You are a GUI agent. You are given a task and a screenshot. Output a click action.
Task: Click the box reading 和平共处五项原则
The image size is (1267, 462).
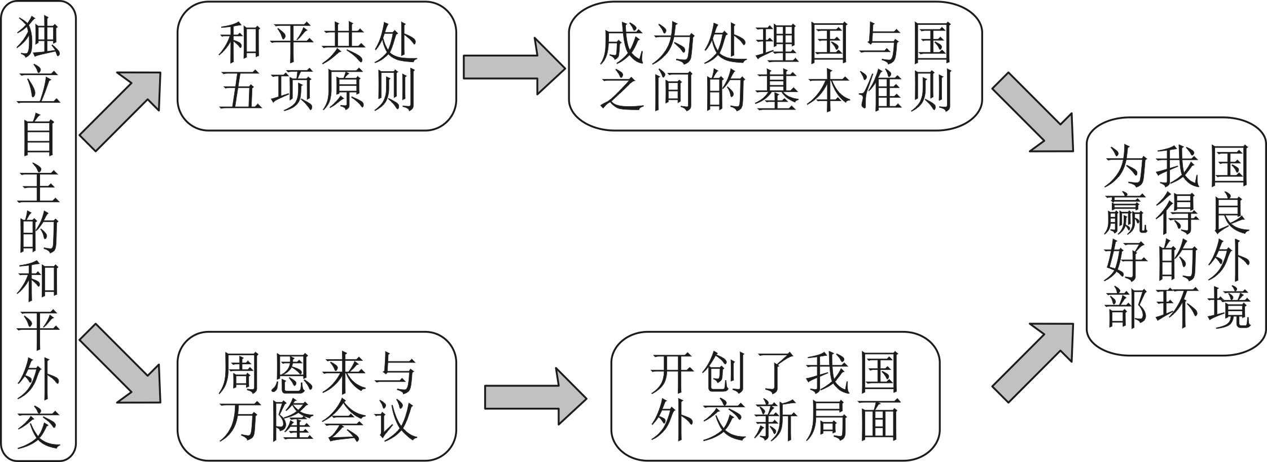point(317,67)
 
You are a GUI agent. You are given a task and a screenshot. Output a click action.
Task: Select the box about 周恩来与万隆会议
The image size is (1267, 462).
point(317,396)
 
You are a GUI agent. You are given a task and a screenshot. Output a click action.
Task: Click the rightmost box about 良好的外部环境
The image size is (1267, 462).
point(1177,236)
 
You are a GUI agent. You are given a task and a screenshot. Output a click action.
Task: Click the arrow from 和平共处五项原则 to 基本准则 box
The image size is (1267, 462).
point(511,67)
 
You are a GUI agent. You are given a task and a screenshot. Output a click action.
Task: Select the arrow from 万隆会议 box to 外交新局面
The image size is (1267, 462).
point(533,396)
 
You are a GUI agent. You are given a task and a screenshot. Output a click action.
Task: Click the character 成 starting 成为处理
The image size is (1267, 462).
point(621,44)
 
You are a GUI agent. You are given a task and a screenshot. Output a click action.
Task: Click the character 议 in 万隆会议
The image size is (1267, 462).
point(396,420)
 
